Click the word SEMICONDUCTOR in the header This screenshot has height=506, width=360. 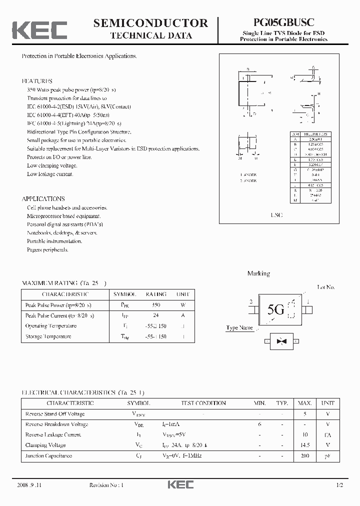pyautogui.click(x=151, y=23)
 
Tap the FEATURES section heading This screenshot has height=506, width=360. pyautogui.click(x=36, y=81)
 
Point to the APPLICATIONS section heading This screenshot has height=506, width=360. pyautogui.click(x=43, y=198)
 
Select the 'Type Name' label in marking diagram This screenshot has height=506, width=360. pyautogui.click(x=239, y=328)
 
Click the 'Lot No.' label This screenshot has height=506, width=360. pyautogui.click(x=326, y=287)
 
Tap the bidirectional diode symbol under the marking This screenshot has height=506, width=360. pyautogui.click(x=281, y=341)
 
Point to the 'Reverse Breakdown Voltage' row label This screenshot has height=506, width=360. pyautogui.click(x=56, y=424)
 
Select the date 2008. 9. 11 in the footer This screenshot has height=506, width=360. pyautogui.click(x=31, y=485)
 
